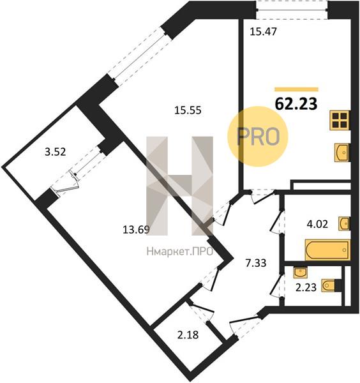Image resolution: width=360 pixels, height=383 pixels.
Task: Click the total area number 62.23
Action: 296,104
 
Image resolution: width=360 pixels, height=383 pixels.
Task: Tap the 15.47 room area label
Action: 263,32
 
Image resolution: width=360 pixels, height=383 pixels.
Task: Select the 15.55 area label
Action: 188,110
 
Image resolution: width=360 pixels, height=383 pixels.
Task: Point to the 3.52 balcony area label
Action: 56,152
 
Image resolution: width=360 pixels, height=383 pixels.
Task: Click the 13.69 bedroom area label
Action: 136,230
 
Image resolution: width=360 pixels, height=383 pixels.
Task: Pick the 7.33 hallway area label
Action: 256,263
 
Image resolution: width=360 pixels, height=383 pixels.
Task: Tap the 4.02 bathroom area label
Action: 317,224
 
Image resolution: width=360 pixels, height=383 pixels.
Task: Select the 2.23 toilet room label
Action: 306,287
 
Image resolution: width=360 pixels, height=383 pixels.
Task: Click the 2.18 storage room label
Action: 188,335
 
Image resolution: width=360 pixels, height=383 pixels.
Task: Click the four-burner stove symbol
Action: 340,121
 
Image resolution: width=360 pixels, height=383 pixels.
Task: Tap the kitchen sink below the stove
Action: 342,153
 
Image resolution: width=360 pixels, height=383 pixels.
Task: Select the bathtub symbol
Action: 327,250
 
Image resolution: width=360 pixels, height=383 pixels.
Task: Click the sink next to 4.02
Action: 344,223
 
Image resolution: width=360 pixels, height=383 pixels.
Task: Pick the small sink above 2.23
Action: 300,273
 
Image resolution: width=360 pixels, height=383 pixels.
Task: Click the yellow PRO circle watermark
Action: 258,137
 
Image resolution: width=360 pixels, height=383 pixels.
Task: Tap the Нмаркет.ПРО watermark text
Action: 180,252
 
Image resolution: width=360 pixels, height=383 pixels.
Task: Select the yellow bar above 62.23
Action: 296,89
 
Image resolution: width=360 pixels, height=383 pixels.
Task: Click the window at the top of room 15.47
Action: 292,10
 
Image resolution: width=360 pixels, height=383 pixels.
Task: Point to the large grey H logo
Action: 179,186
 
